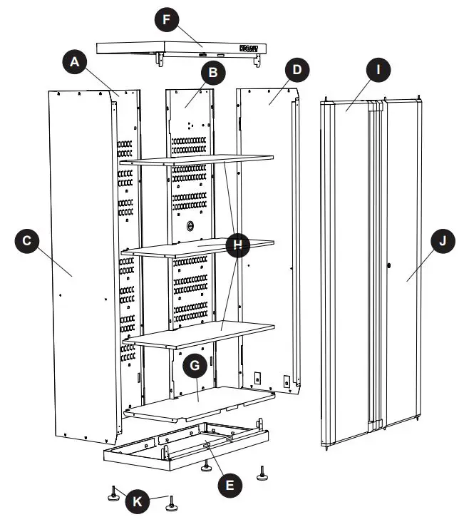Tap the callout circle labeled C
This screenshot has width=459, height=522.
click(26, 241)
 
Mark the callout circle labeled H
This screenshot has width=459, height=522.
click(238, 246)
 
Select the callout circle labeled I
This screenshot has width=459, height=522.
click(378, 70)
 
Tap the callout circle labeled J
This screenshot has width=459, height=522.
click(443, 242)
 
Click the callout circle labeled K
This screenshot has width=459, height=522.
click(138, 501)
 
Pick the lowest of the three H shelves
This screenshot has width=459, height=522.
click(200, 332)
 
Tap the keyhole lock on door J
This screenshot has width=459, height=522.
click(390, 266)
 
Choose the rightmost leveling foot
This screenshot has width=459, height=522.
click(264, 473)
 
